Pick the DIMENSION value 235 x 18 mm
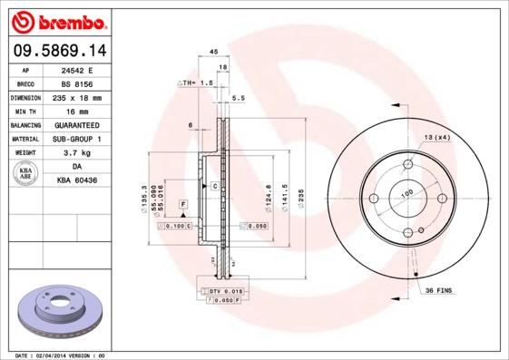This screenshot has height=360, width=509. tap(76, 97)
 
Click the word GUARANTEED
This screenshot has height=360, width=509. tap(76, 124)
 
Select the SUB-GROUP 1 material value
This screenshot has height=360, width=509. tap(76, 139)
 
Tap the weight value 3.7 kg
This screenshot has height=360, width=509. tap(76, 153)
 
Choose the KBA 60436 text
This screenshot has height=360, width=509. tap(76, 181)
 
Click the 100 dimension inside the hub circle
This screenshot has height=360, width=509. tap(406, 193)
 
